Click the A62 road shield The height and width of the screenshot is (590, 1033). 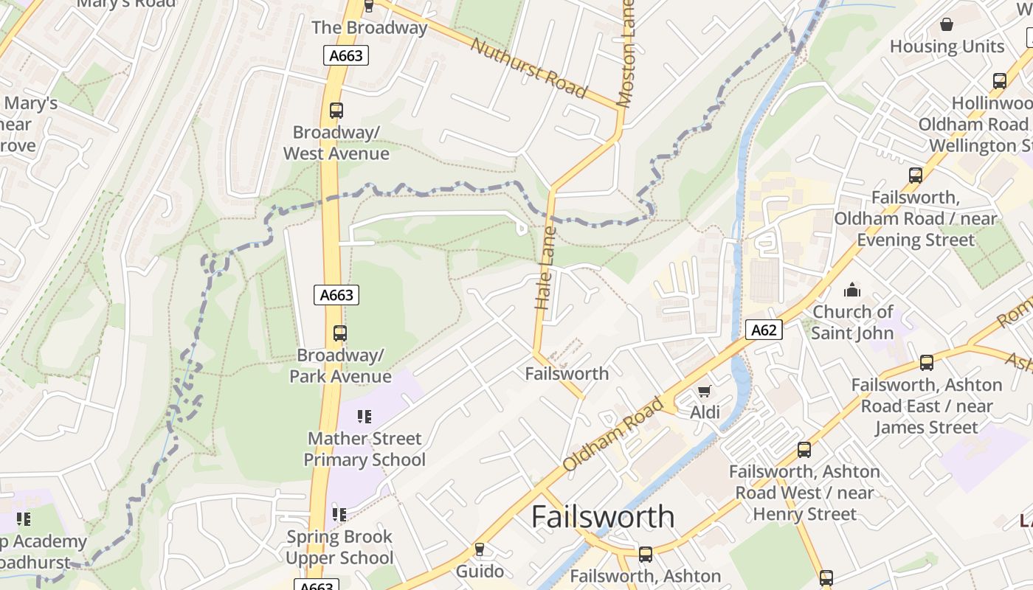pos(763,330)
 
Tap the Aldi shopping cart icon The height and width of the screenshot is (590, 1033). pos(705,390)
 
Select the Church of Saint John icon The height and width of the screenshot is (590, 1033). pos(852,290)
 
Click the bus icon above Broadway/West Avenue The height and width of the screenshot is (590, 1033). pos(336,111)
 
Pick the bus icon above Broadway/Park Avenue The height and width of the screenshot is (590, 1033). pos(339,333)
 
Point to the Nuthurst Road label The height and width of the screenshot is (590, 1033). pos(528,68)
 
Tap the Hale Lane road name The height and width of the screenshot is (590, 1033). pos(545,267)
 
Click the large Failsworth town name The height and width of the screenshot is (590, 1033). pos(603,516)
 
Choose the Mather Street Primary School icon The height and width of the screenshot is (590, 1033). pos(364,417)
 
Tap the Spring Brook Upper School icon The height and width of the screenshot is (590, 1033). pos(339,514)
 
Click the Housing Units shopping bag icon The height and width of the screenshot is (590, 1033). pos(947,24)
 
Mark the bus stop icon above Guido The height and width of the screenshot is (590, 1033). pos(480,549)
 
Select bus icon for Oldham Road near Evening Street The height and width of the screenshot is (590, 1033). pos(916,176)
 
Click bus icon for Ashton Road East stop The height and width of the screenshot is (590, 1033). pos(926,363)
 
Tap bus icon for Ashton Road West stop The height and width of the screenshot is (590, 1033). pos(804,449)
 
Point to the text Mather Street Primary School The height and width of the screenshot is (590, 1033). pos(365,449)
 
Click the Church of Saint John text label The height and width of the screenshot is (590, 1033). pos(852,322)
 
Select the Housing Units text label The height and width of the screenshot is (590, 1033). pos(947,46)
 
